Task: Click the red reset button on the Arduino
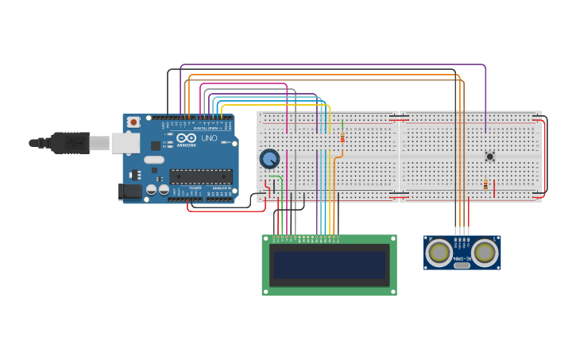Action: click(133, 122)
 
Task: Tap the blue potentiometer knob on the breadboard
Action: click(269, 159)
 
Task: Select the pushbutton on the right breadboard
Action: click(489, 157)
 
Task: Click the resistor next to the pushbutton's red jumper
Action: click(485, 185)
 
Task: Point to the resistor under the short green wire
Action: click(342, 138)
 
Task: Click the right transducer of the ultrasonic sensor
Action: click(485, 253)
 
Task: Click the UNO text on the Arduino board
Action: click(209, 138)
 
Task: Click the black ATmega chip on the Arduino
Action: click(200, 176)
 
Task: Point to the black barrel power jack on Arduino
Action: click(130, 192)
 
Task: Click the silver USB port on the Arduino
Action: click(125, 143)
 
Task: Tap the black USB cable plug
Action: click(69, 143)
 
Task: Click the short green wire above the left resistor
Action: click(342, 126)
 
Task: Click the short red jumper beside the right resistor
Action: click(494, 188)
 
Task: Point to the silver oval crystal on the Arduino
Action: click(154, 160)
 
